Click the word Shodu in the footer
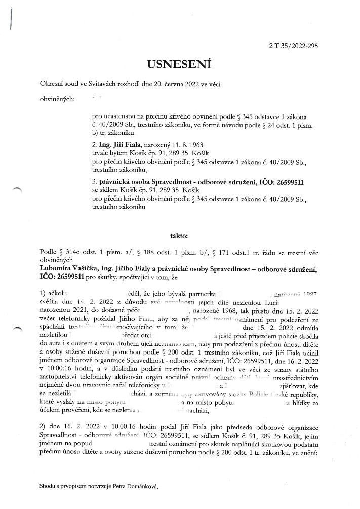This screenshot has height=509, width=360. pyautogui.click(x=48, y=486)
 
